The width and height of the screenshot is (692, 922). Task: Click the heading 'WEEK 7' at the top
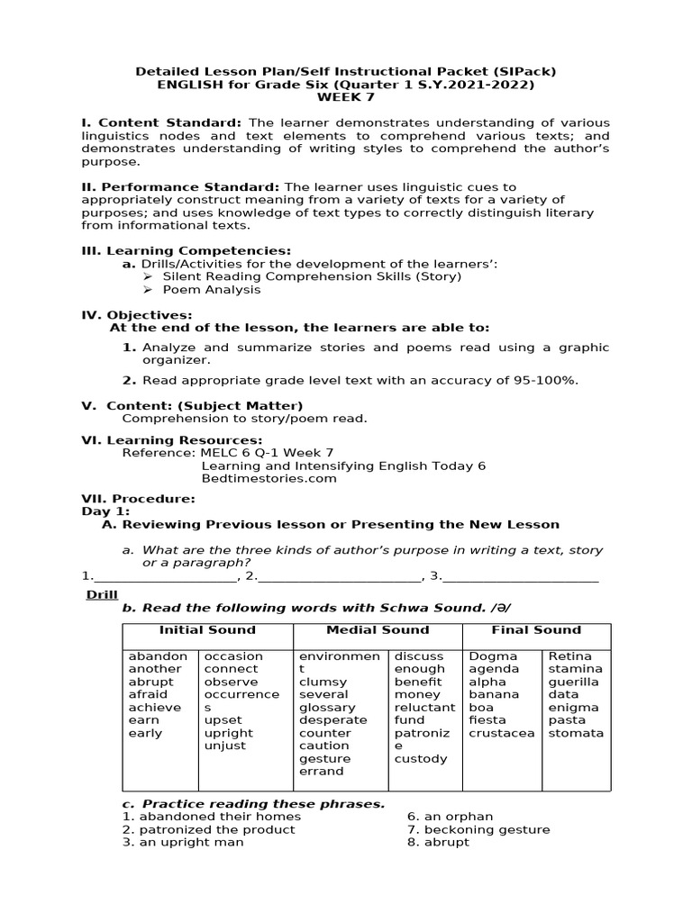345,97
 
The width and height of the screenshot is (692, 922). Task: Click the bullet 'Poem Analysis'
212,290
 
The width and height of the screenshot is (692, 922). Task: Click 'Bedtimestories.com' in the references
269,478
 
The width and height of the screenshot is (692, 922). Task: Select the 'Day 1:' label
105,511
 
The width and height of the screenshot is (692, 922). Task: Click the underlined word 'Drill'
102,595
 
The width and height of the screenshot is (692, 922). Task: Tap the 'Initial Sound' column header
207,630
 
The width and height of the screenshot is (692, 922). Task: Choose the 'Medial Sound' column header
378,630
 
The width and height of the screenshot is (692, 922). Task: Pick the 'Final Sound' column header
536,630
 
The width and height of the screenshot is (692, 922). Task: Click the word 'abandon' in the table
158,656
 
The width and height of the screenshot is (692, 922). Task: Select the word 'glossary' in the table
327,708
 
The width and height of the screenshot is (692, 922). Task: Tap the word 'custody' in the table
421,759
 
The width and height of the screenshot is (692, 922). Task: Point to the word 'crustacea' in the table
501,733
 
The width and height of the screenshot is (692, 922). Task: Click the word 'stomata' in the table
576,733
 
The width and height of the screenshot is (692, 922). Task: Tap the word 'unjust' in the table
224,746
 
